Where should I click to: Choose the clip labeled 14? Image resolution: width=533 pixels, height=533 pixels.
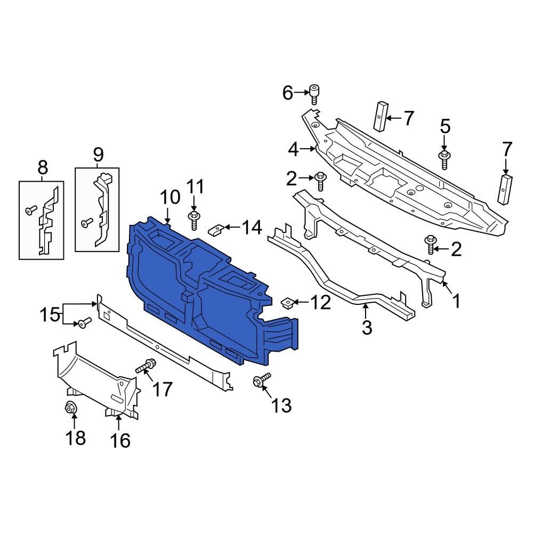[215, 230]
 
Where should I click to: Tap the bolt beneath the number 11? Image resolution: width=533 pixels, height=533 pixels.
[193, 219]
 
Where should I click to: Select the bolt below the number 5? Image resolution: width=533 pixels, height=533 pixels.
[444, 158]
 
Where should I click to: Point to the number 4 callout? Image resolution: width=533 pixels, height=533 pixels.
[294, 150]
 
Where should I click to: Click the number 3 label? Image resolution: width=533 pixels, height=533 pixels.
[366, 327]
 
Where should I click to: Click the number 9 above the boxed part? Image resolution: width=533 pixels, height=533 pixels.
[98, 155]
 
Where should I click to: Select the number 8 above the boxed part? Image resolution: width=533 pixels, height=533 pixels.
[43, 168]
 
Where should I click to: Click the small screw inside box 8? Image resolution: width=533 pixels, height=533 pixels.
[30, 211]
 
